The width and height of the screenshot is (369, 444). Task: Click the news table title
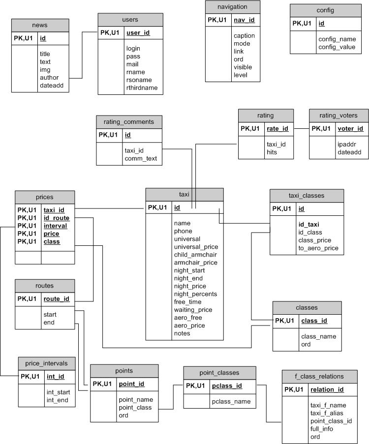click(x=40, y=25)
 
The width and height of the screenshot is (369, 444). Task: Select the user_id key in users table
click(x=138, y=33)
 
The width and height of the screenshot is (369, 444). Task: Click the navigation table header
click(x=232, y=7)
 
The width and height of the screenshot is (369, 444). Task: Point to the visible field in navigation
click(x=243, y=67)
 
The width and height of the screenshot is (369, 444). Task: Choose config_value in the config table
click(x=337, y=47)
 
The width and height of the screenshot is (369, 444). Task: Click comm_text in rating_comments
click(x=141, y=159)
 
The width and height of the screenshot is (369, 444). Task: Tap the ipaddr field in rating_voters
click(x=347, y=145)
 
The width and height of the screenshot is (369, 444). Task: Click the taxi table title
click(x=184, y=194)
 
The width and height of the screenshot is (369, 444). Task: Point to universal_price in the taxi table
click(x=196, y=247)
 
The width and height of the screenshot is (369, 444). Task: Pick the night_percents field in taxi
click(x=195, y=294)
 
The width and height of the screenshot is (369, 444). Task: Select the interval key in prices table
click(x=55, y=226)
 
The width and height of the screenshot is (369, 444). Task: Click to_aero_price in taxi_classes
click(x=318, y=248)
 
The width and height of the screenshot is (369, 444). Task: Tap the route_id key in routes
click(x=57, y=298)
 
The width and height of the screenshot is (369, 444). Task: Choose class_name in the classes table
click(x=318, y=337)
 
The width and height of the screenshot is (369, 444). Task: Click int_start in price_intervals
click(x=58, y=392)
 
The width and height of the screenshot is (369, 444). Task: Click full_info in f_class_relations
click(x=322, y=429)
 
